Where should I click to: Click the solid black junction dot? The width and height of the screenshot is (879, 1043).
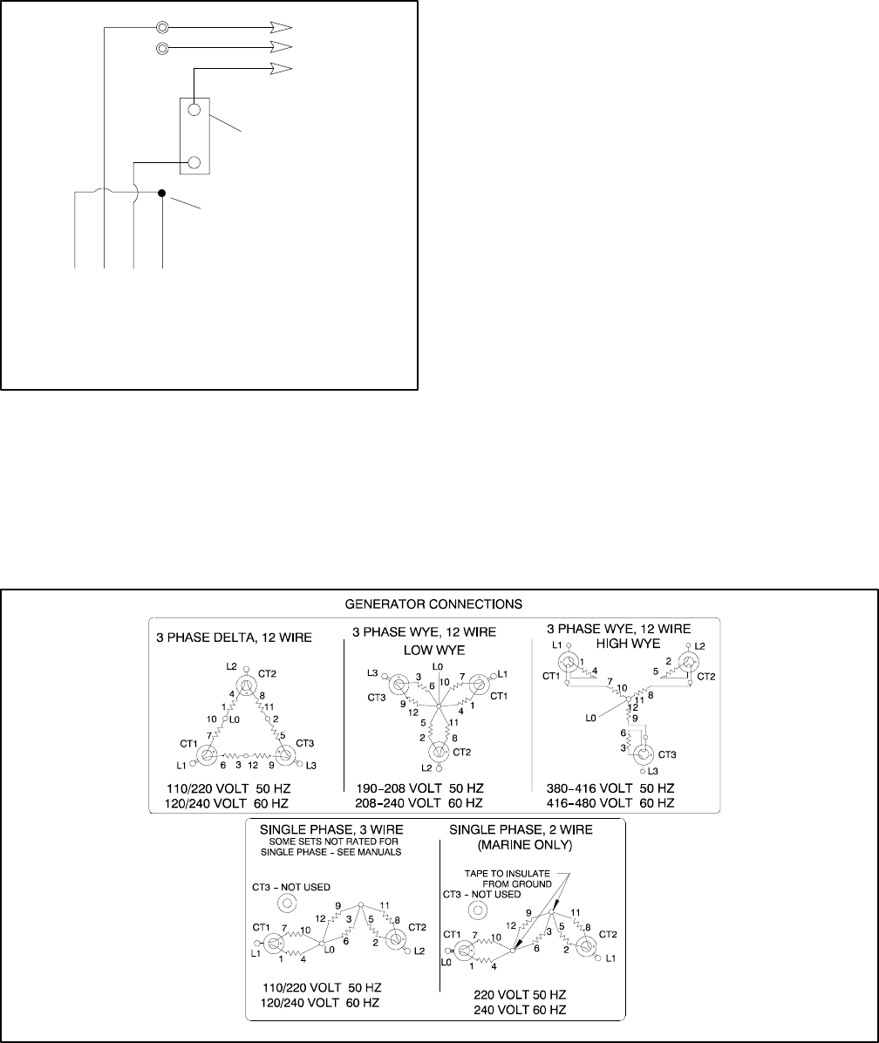[162, 192]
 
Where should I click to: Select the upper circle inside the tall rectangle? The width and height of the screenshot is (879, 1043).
[194, 111]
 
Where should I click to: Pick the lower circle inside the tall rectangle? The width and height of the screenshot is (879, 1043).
[194, 162]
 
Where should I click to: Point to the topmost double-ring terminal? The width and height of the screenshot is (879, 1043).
[162, 27]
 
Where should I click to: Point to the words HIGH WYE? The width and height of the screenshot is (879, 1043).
[621, 643]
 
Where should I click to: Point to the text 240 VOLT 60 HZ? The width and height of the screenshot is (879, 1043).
[520, 1009]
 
